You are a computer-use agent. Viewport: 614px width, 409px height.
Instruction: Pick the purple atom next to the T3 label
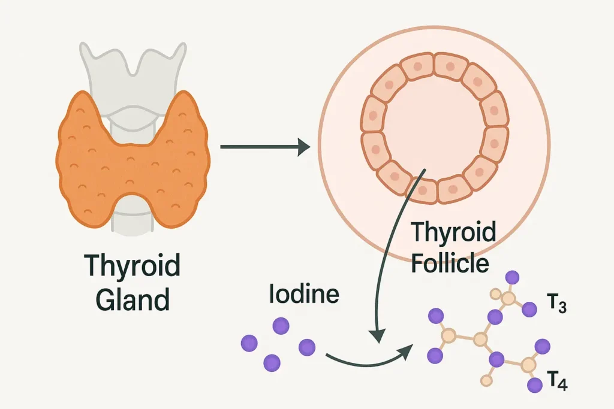tap(529, 309)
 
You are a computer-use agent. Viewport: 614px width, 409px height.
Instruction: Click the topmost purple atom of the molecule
tap(511, 277)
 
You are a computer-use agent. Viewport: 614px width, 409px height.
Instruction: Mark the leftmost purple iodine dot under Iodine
tap(248, 343)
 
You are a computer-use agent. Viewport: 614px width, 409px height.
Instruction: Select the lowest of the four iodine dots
tap(272, 362)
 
